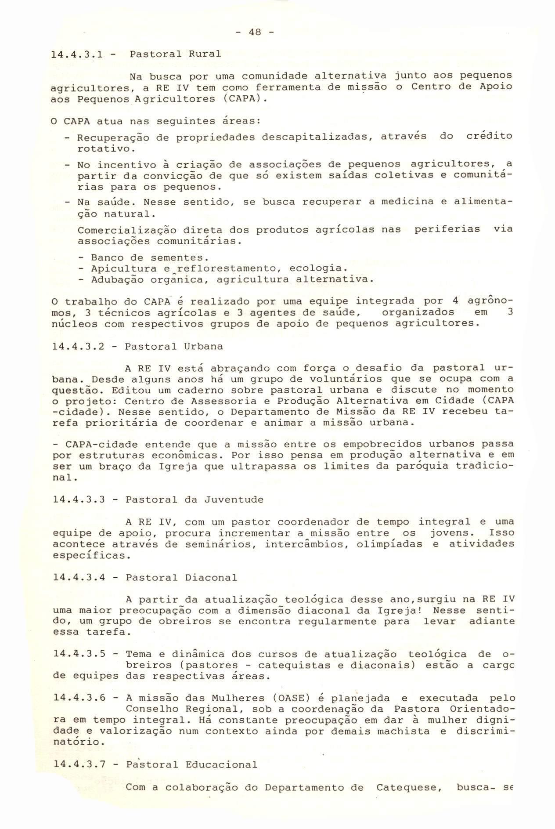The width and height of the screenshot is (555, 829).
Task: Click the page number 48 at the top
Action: point(255,32)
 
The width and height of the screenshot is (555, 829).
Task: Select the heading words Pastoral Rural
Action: point(175,54)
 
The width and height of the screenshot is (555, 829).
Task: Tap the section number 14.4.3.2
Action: point(79,346)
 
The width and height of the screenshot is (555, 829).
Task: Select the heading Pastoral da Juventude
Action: point(195,500)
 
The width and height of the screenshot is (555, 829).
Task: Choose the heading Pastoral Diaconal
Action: point(181,577)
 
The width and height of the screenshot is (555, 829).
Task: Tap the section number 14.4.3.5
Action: point(79,654)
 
